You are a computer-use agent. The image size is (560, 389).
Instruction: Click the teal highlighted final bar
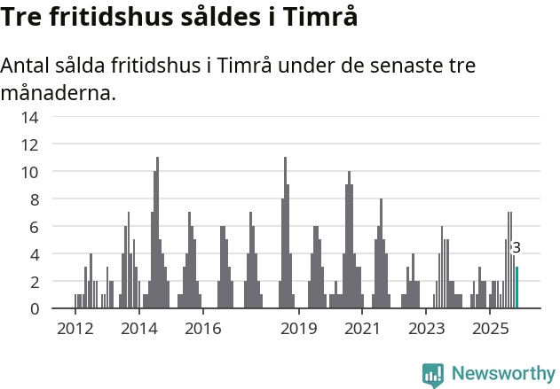click(x=517, y=288)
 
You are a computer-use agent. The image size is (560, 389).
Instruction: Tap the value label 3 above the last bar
click(x=517, y=248)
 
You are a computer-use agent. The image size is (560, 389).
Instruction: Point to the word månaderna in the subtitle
click(x=59, y=92)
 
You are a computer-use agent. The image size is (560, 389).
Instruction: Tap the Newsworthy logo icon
click(x=433, y=374)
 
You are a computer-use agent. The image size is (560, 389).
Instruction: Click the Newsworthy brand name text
click(x=503, y=374)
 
